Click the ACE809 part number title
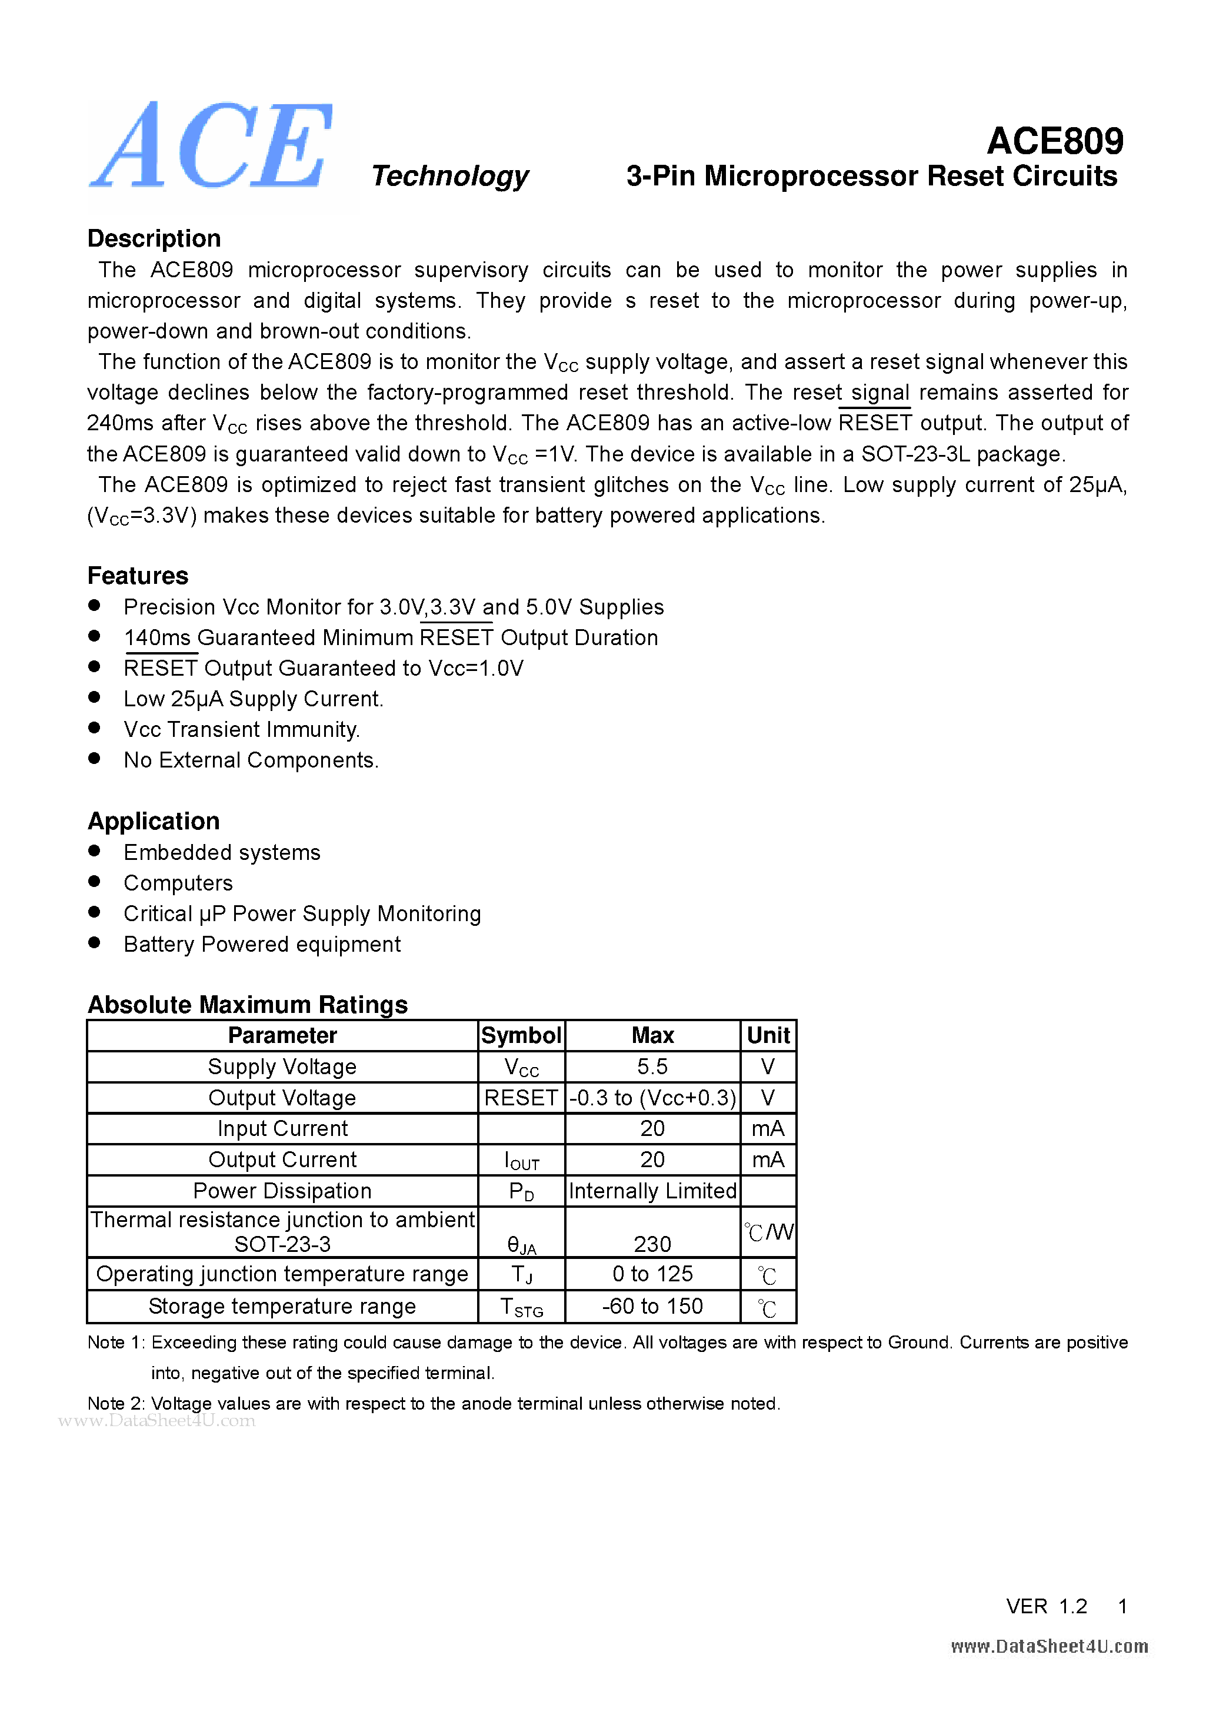tap(1054, 141)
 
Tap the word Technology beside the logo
tap(449, 176)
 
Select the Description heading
tap(154, 238)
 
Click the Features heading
tap(138, 576)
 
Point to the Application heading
tap(154, 821)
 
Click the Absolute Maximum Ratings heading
tap(247, 1005)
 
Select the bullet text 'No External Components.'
tap(251, 760)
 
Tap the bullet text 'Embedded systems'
tap(222, 852)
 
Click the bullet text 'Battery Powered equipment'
tap(261, 945)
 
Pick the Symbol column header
tap(521, 1035)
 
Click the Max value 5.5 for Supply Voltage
tap(652, 1067)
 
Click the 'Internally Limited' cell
tap(652, 1191)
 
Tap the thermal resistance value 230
tap(652, 1244)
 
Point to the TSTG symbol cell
tap(521, 1307)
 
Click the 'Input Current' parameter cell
tap(282, 1129)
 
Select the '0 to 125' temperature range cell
tap(652, 1274)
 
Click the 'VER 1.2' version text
tap(1046, 1606)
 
